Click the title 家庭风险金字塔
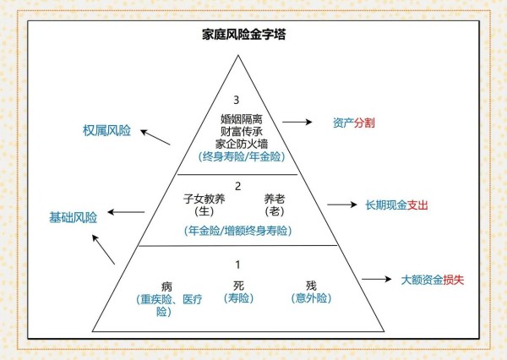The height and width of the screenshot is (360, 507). [244, 35]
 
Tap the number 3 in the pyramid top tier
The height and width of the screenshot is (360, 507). [237, 100]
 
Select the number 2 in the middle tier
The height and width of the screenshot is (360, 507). [238, 186]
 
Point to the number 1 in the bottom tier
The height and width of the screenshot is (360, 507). [238, 265]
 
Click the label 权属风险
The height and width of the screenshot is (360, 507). [106, 130]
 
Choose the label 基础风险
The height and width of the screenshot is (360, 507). [73, 217]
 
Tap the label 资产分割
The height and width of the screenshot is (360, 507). [354, 123]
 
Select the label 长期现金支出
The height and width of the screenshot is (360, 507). [397, 205]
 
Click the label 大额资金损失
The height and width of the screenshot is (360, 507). [433, 280]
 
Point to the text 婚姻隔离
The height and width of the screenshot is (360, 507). [242, 119]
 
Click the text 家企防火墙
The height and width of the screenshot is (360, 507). [242, 144]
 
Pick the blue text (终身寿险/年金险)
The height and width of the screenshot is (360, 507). [242, 156]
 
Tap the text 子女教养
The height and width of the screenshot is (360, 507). [204, 199]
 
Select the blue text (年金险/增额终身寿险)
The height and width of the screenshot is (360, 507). [238, 231]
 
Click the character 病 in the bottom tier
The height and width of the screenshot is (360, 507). [166, 286]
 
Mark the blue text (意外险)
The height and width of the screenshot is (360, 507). [311, 298]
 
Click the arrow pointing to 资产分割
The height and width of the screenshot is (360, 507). [297, 122]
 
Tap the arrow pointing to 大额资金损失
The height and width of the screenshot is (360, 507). [376, 279]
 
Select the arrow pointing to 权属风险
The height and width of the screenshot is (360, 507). [155, 137]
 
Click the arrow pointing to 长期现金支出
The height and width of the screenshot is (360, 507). [342, 205]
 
